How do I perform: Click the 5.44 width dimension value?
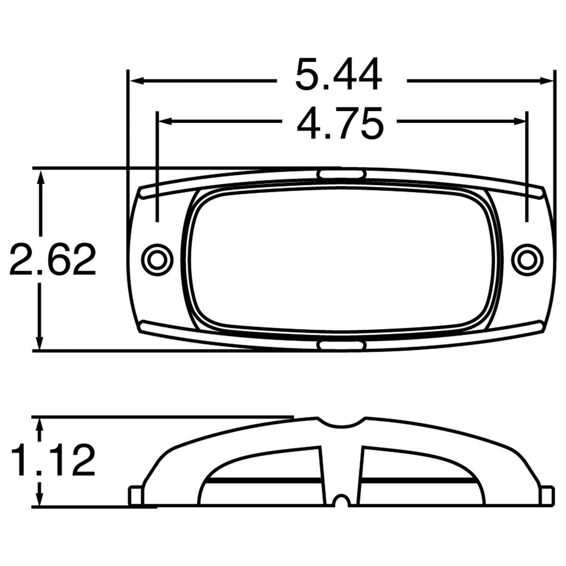pyautogui.click(x=338, y=75)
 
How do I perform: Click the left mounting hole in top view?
pyautogui.click(x=157, y=259)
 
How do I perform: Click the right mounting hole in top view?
pyautogui.click(x=527, y=259)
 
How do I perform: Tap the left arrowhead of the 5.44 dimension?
pyautogui.click(x=135, y=81)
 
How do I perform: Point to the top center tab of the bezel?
pyautogui.click(x=342, y=174)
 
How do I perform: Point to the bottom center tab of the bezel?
pyautogui.click(x=342, y=345)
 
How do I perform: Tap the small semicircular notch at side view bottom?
pyautogui.click(x=342, y=501)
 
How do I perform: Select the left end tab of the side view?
pyautogui.click(x=136, y=495)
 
